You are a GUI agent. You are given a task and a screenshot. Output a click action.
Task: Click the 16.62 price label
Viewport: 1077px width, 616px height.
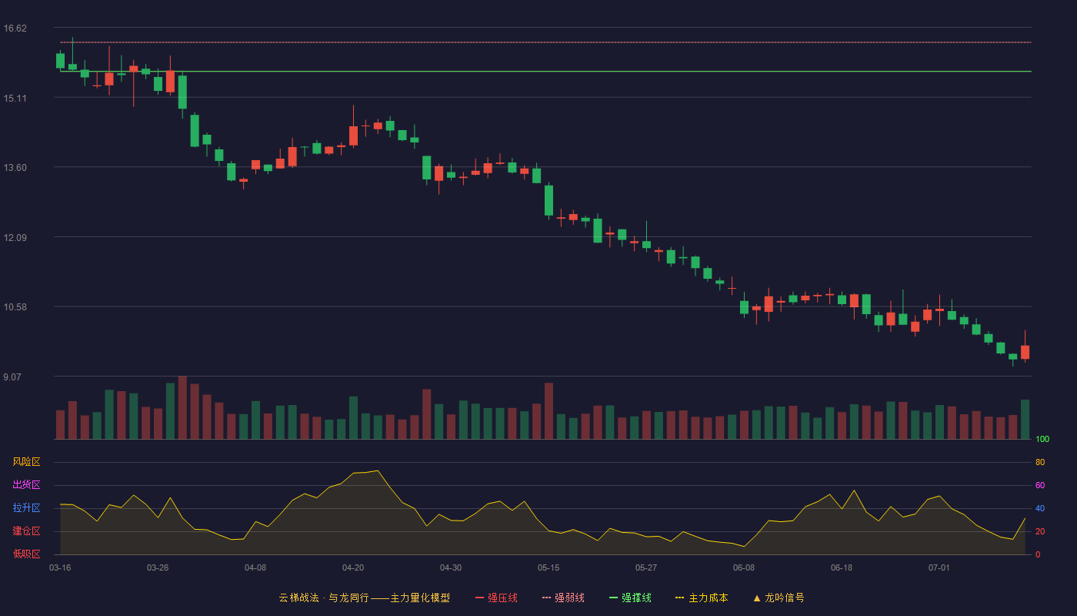coord(15,28)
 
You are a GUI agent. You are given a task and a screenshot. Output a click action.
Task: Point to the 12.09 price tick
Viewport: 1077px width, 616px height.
coord(15,238)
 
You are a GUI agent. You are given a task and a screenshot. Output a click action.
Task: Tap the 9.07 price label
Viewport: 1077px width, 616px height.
coord(12,377)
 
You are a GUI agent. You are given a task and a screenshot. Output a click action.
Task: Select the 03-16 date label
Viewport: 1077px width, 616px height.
coord(60,568)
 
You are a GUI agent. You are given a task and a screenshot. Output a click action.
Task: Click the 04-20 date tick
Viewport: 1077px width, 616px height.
coord(353,568)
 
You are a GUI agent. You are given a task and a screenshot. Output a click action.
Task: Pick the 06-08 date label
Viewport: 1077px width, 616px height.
coord(744,568)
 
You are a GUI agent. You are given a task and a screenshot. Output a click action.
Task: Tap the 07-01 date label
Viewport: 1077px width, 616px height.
coord(939,568)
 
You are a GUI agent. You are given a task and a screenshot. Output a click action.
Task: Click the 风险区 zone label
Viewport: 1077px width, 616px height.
coord(26,462)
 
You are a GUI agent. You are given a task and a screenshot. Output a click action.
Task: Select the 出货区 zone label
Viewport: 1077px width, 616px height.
coord(26,485)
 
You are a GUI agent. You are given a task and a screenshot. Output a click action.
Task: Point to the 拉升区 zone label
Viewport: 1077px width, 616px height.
coord(26,508)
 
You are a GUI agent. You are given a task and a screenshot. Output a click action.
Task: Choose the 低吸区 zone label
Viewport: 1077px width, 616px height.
coord(26,554)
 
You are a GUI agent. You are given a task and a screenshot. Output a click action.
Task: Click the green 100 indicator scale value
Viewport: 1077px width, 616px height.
coord(1042,440)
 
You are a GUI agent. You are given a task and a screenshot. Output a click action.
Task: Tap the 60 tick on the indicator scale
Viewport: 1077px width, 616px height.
coord(1040,486)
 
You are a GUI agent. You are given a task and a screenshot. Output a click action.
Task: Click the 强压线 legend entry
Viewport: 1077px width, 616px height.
coord(496,598)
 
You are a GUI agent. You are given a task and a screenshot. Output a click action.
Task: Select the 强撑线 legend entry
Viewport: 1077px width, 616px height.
coord(630,598)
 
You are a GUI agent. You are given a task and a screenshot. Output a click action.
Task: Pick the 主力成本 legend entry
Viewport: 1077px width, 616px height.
coord(702,598)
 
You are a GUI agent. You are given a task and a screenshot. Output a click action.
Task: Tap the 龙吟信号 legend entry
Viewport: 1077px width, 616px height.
coord(779,598)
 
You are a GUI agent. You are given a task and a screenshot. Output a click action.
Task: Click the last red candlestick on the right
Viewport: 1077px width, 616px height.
coord(1025,352)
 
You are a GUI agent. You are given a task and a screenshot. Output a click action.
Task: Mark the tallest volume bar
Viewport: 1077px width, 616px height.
coord(182,407)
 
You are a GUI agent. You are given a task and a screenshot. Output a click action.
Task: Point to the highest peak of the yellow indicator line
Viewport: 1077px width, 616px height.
coord(378,470)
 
